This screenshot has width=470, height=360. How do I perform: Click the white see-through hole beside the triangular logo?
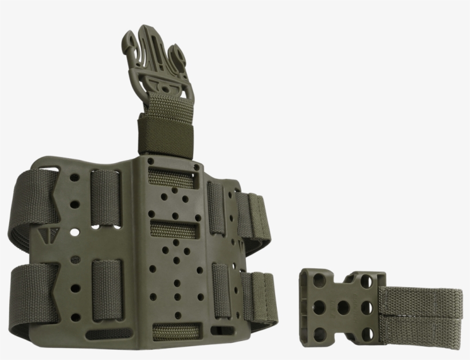pyautogui.click(x=73, y=233)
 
